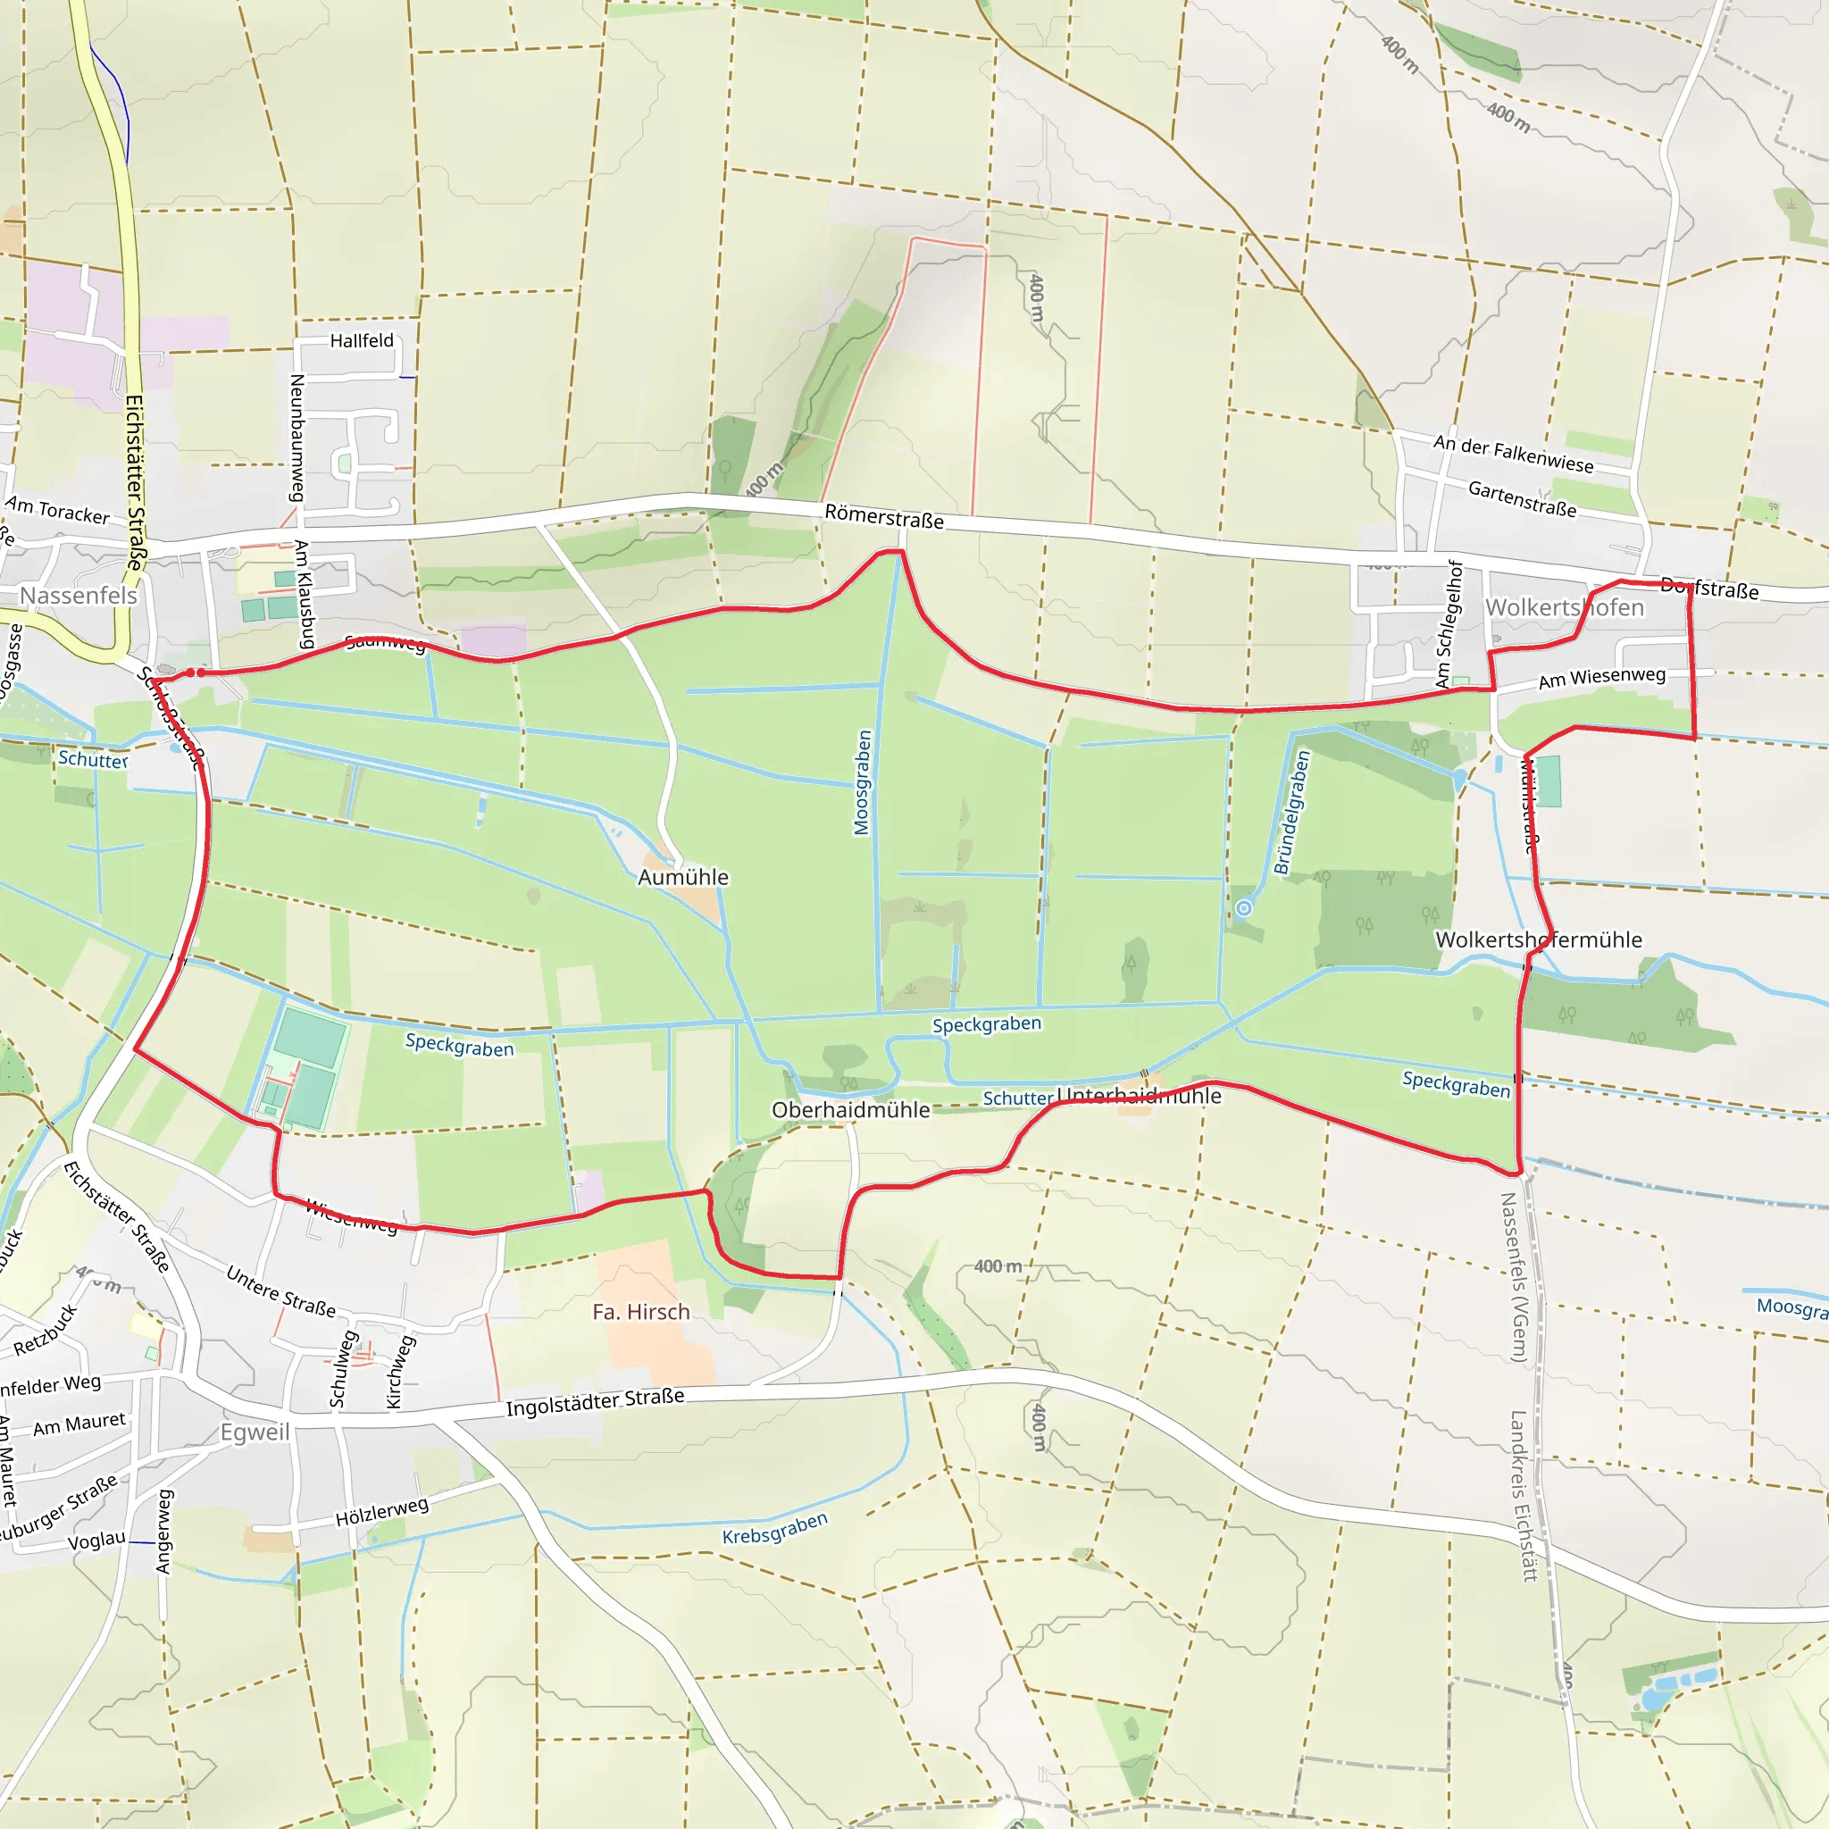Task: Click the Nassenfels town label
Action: pos(79,596)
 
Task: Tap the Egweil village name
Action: pos(255,1432)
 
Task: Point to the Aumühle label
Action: pos(682,877)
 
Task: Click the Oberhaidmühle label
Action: pos(850,1109)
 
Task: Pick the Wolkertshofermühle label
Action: pos(1539,940)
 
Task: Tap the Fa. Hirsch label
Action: pos(641,1311)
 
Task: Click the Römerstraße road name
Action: pos(883,517)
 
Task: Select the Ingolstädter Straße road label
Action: pos(595,1402)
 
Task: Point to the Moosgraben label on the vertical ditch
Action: pos(862,782)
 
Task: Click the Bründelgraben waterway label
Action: pos(1291,813)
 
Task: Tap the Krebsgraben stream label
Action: pos(774,1528)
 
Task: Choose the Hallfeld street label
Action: pos(362,341)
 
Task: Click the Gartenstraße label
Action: pos(1521,499)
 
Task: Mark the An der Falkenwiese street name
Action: pos(1513,454)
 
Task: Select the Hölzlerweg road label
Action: pos(381,1511)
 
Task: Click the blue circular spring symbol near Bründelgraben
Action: pos(1244,908)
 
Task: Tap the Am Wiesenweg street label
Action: pos(1601,677)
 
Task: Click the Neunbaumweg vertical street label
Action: pos(296,438)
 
